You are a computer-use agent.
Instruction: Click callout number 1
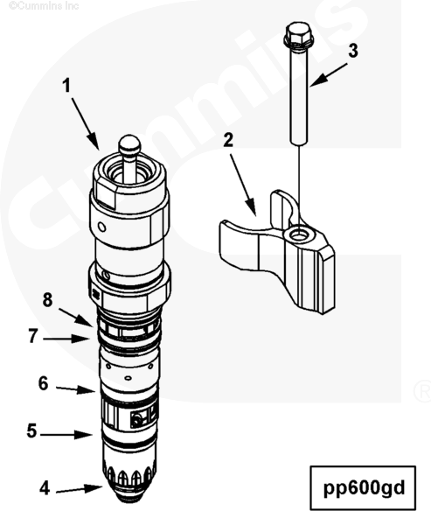67,86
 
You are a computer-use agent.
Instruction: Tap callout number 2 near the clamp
228,140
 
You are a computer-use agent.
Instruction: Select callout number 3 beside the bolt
353,51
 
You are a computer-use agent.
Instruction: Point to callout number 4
45,488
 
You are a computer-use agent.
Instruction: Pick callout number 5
31,430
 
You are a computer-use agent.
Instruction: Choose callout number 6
43,383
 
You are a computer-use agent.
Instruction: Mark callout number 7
32,336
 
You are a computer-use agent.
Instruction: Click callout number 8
47,299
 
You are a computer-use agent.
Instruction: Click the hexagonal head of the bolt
298,34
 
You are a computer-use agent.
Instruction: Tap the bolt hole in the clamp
298,235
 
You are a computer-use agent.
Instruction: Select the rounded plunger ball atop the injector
130,143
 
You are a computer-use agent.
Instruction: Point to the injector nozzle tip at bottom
130,495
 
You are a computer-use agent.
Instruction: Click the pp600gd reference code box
363,488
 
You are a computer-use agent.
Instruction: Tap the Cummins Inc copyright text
44,5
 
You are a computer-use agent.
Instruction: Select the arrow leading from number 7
66,339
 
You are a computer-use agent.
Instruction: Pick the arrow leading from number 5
66,435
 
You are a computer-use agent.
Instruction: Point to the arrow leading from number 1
85,124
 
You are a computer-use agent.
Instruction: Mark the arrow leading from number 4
79,489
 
